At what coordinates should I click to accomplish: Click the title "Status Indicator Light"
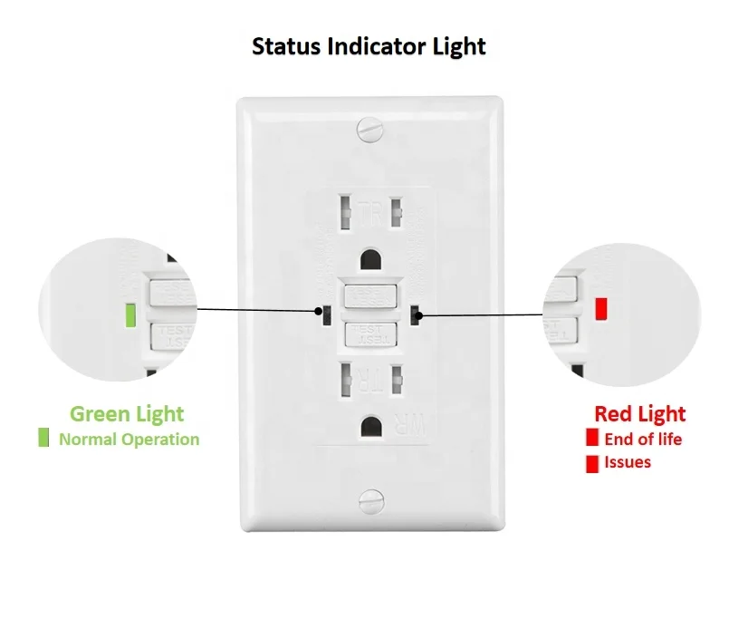(369, 45)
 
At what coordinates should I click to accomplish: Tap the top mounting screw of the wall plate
(369, 131)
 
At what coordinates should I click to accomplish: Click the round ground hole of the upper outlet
(370, 260)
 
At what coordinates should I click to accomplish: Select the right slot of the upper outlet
(396, 214)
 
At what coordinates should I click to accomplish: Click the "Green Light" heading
(127, 414)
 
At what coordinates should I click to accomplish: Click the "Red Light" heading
(639, 414)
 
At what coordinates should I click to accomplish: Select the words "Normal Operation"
(129, 440)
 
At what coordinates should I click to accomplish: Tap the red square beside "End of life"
(592, 440)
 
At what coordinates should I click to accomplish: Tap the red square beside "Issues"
(592, 463)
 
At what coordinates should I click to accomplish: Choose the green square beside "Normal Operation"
(43, 439)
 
